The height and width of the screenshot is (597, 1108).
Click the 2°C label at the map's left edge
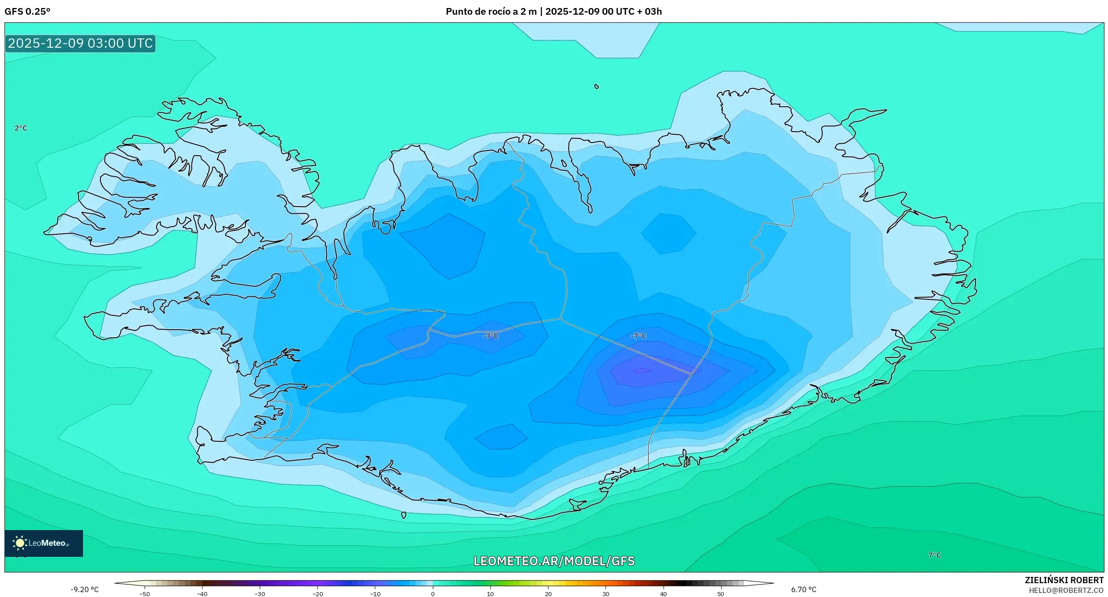[21, 128]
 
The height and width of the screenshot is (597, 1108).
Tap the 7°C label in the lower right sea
[934, 555]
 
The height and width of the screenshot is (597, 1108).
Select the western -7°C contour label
[490, 336]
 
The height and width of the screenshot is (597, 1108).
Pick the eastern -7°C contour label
[638, 336]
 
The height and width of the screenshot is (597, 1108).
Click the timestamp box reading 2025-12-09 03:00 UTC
[80, 43]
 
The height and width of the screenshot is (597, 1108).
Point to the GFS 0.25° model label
[27, 11]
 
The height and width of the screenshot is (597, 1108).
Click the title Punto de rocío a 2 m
[491, 11]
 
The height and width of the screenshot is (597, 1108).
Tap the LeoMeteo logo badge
[43, 543]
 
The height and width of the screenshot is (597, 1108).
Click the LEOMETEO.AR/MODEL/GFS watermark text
[554, 561]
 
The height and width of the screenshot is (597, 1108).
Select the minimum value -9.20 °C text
[84, 589]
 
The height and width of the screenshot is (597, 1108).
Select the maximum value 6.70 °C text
[804, 589]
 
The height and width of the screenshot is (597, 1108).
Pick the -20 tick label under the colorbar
[317, 594]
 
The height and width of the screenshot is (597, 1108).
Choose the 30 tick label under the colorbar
[606, 594]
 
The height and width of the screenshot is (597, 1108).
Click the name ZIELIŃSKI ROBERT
[1064, 580]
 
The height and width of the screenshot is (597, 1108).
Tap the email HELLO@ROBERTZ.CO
[1066, 590]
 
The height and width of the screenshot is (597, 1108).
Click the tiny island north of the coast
[597, 87]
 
